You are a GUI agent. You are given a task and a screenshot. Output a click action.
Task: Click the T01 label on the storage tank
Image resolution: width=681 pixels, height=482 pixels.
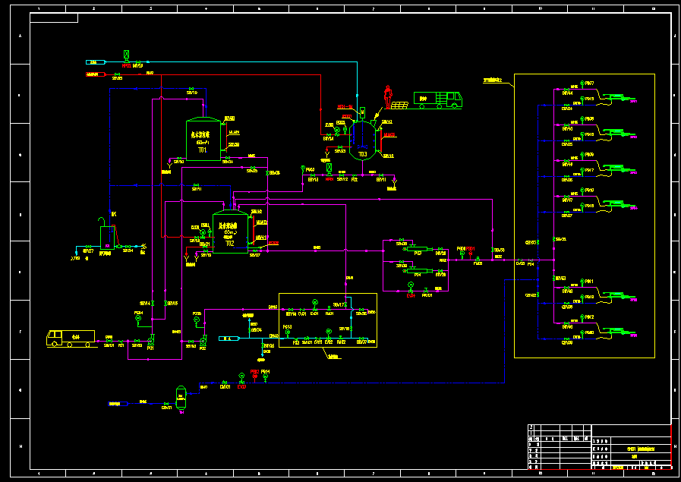pyautogui.click(x=203, y=150)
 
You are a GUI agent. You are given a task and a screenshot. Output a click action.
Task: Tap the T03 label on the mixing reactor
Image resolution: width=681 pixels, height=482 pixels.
pyautogui.click(x=363, y=154)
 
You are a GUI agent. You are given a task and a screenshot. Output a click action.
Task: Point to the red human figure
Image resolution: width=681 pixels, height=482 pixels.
pyautogui.click(x=389, y=96)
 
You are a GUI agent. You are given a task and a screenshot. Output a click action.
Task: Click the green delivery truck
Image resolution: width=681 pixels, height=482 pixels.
pyautogui.click(x=438, y=99)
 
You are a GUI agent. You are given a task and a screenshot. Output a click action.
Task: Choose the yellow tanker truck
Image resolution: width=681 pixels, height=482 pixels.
pyautogui.click(x=71, y=338)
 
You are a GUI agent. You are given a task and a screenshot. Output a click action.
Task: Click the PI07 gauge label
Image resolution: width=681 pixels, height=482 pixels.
pyautogui.click(x=589, y=83)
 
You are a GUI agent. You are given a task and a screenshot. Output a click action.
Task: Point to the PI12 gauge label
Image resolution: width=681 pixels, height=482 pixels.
pyautogui.click(x=589, y=317)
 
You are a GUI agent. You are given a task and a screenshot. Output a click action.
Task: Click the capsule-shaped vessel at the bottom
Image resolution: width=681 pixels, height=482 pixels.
pyautogui.click(x=181, y=395)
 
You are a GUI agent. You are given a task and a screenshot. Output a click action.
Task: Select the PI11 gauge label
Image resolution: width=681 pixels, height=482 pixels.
pyautogui.click(x=589, y=281)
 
